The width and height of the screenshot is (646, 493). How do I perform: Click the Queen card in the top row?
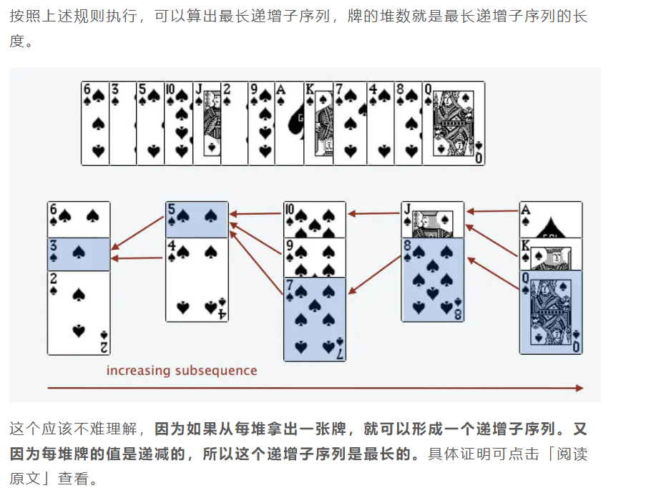453,123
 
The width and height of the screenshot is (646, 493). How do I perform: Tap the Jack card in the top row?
207,123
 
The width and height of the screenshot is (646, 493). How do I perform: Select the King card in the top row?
318,123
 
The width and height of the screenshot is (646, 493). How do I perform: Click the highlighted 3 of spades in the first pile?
79,254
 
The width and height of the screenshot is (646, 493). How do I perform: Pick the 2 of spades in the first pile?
79,313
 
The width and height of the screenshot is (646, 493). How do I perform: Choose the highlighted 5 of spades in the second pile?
197,220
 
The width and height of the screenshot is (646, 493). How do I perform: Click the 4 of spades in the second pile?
197,280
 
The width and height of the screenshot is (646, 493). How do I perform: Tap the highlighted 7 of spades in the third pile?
315,319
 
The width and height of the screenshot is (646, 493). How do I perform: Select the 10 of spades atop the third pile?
315,220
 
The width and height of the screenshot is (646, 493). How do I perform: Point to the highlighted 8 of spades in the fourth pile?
433,280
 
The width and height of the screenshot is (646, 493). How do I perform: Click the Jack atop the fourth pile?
433,220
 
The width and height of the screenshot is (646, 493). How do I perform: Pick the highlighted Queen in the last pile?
551,313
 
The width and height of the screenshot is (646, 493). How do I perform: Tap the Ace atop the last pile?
551,220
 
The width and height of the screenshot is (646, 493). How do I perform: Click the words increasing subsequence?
182,371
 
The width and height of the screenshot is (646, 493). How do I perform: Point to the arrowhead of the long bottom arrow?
579,388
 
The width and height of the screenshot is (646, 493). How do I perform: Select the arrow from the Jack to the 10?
374,213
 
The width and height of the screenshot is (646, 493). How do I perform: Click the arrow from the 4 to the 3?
137,258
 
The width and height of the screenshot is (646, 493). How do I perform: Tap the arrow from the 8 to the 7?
374,275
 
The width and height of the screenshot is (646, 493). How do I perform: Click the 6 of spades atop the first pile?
79,220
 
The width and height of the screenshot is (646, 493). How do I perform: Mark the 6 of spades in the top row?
95,123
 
